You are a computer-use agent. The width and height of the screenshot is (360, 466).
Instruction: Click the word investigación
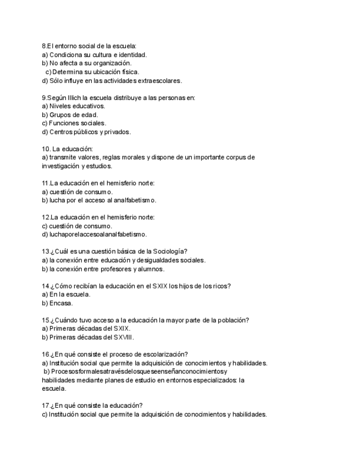(60, 166)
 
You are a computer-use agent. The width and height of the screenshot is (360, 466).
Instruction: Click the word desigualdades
(161, 260)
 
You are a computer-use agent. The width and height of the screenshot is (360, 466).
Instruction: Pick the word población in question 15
(231, 320)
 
